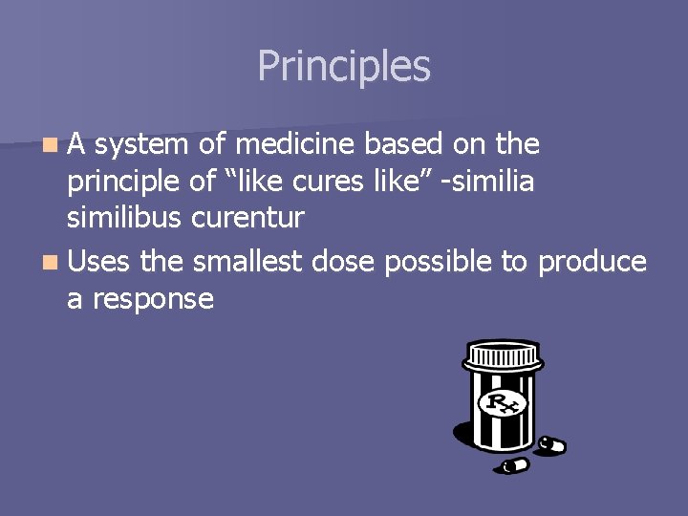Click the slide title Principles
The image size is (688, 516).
click(x=344, y=67)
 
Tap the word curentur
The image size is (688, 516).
click(x=247, y=219)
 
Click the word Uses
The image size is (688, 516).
click(x=102, y=262)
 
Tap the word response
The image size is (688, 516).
click(x=154, y=300)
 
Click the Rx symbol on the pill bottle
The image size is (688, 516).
click(x=502, y=404)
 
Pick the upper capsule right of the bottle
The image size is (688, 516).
click(x=552, y=445)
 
